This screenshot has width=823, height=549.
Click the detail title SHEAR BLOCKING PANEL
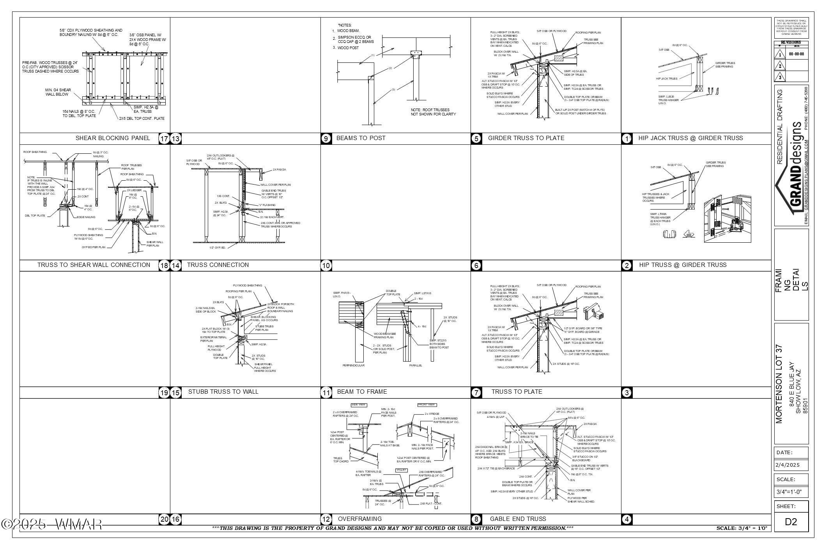click(113, 138)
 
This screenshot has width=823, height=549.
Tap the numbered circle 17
click(164, 139)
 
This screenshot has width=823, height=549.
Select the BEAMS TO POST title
click(361, 138)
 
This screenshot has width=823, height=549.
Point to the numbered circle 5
click(476, 139)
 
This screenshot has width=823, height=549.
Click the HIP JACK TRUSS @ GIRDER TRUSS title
click(690, 138)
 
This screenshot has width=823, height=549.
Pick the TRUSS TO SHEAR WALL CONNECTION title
click(94, 265)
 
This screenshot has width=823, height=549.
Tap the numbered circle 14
click(176, 266)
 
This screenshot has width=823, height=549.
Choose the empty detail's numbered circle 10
click(326, 266)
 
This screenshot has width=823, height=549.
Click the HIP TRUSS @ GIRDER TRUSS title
click(683, 265)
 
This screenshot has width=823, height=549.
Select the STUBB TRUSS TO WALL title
click(223, 392)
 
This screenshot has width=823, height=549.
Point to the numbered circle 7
click(476, 393)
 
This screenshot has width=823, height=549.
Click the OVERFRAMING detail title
click(359, 519)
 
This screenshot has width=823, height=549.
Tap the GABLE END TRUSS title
click(518, 519)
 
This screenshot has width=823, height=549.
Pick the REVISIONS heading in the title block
click(791, 43)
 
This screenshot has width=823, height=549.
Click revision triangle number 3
click(780, 77)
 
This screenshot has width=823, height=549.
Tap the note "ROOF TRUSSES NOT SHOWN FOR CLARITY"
click(433, 112)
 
